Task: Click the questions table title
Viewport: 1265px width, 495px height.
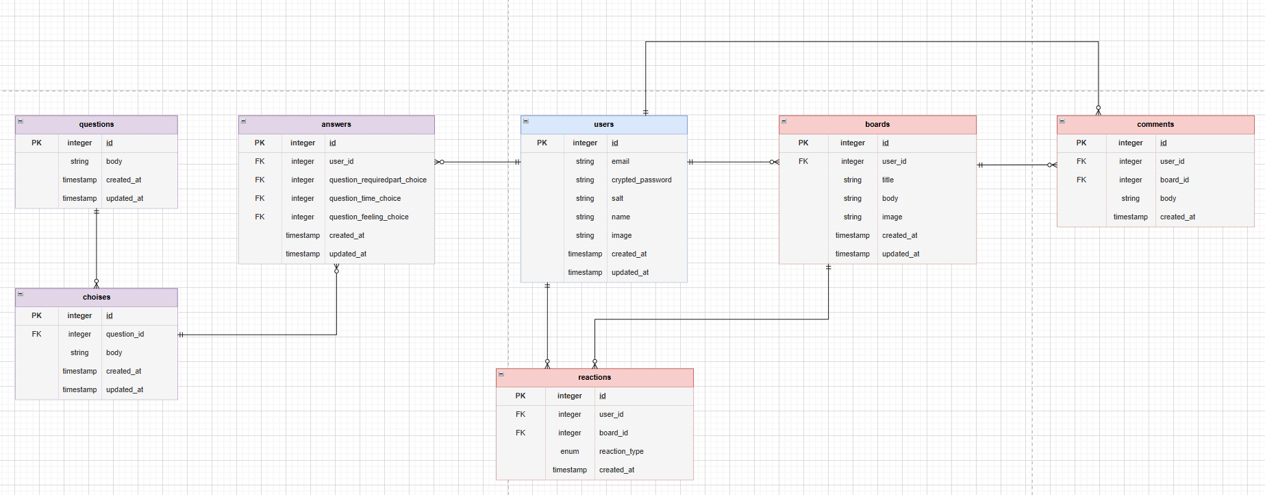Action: pos(97,124)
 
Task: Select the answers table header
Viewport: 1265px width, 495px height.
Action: pos(336,124)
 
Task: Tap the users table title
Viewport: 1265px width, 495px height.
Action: pos(603,124)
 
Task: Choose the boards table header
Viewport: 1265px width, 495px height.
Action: pos(877,124)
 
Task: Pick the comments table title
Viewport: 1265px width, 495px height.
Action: pos(1155,124)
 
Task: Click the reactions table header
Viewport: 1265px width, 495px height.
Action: pos(594,377)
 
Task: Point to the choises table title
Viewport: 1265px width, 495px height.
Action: pos(97,297)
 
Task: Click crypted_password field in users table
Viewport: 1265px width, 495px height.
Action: pos(641,180)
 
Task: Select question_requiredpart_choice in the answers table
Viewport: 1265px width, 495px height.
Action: pos(377,180)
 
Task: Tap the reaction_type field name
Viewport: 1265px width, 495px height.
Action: pos(621,451)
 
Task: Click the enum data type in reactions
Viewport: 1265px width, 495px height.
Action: pos(570,451)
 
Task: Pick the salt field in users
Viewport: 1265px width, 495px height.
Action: pos(617,198)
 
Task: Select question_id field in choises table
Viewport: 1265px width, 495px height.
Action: pos(125,334)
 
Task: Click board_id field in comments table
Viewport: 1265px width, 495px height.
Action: pos(1174,180)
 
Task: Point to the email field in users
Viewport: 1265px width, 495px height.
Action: pos(620,161)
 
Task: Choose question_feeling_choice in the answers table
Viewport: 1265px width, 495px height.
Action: pos(368,217)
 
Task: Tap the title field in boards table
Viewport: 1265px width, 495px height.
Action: pos(888,180)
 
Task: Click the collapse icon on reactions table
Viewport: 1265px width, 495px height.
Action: pos(501,374)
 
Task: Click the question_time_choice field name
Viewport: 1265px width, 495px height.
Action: pos(365,198)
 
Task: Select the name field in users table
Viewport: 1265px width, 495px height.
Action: pos(621,217)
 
